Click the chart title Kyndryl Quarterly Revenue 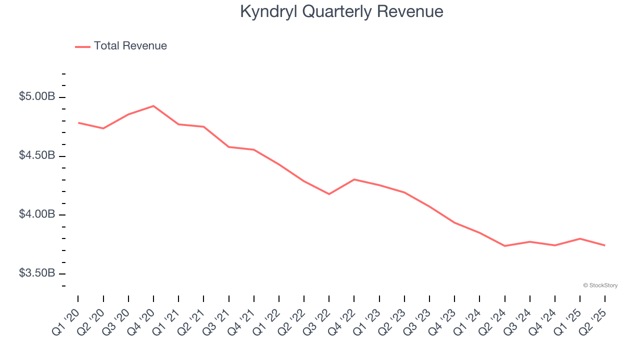pos(341,11)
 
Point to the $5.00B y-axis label pos(37,96)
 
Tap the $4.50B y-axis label pos(37,155)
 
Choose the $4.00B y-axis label pos(37,214)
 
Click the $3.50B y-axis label pos(37,273)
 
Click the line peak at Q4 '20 pos(153,106)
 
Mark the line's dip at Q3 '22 pos(329,194)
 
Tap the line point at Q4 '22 pos(354,179)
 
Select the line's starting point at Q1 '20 pos(78,122)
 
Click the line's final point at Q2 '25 pos(605,245)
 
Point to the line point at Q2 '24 pos(504,246)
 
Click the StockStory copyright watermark pos(600,285)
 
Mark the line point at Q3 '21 pos(228,147)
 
